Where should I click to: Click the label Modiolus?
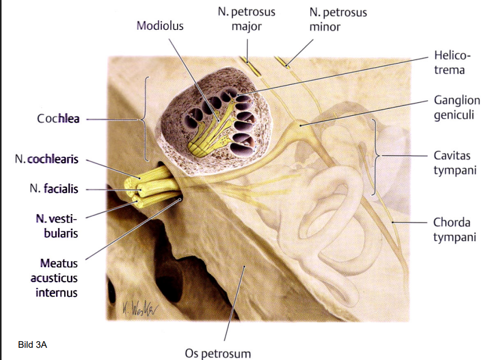160,25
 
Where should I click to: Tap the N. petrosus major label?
246,19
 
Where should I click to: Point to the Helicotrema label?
449,62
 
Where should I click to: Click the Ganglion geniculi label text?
456,107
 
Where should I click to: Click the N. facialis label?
54,189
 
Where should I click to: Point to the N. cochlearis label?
47,160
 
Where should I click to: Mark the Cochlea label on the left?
58,119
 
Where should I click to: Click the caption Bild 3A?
32,345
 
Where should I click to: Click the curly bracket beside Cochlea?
145,119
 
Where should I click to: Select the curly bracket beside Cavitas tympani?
377,156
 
